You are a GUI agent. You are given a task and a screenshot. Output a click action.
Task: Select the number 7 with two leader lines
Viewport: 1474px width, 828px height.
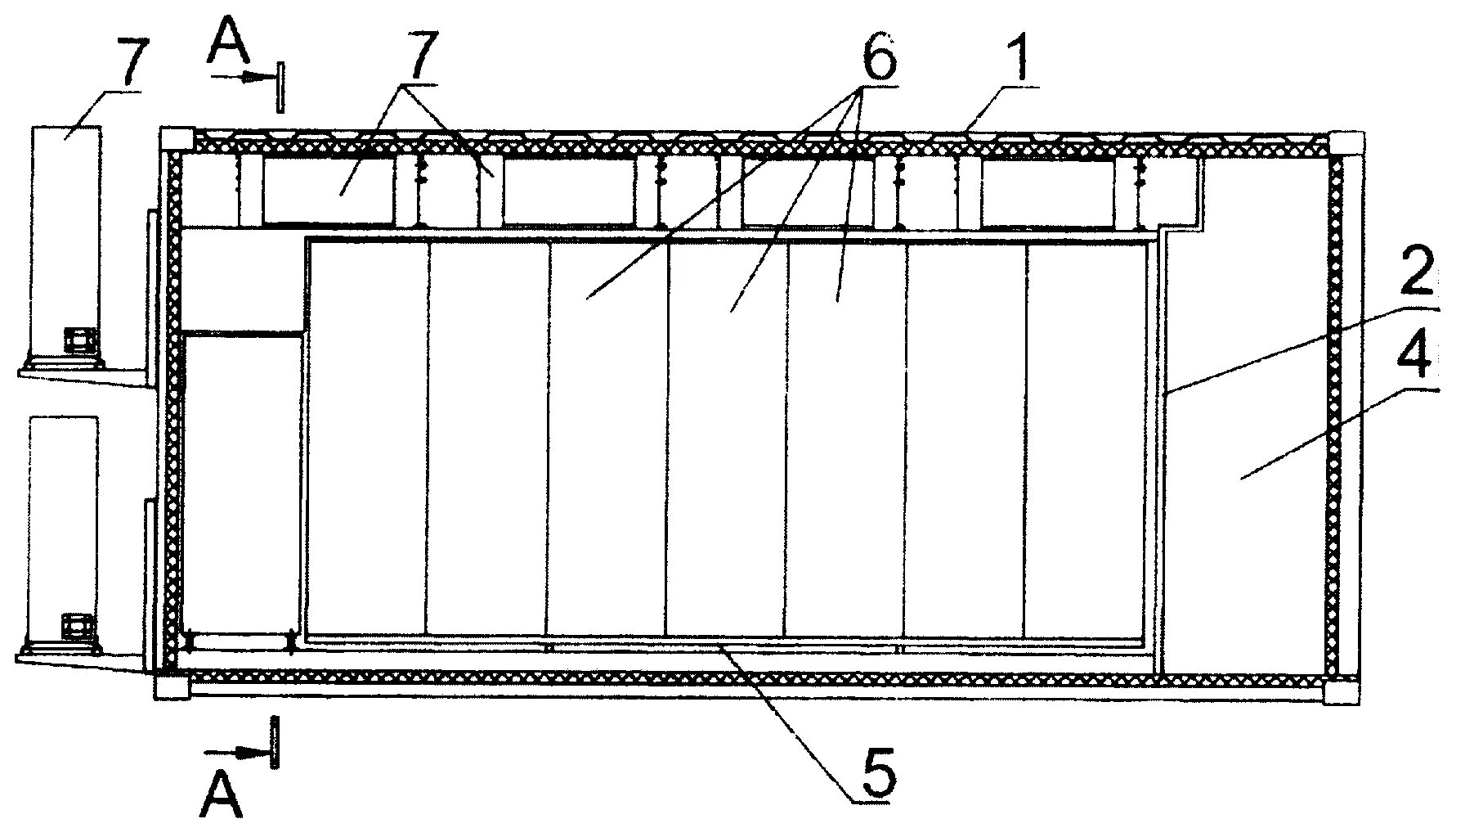coord(423,55)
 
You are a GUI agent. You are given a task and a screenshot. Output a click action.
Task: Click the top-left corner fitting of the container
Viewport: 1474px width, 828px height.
coord(176,140)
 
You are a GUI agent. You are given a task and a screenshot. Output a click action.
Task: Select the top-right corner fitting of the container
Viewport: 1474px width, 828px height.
coord(1345,143)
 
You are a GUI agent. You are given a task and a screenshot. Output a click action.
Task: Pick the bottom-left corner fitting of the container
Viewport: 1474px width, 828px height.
coord(172,685)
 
